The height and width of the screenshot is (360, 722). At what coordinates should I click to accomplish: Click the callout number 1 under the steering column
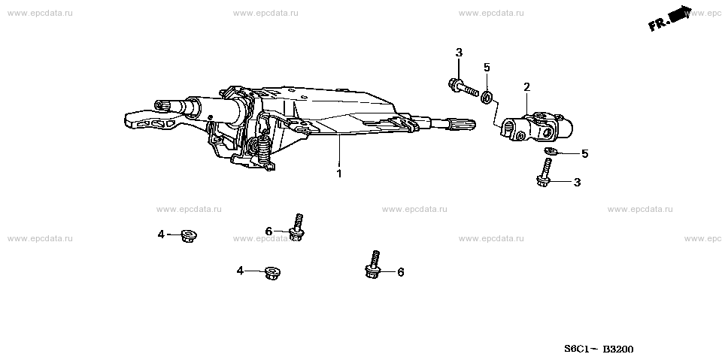[339, 174]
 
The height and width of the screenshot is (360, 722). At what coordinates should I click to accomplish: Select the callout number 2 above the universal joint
[526, 86]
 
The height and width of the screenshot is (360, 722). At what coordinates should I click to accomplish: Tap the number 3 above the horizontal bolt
[459, 53]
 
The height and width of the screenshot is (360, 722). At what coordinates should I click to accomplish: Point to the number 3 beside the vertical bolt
[577, 183]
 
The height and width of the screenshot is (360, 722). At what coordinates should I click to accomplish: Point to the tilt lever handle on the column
[149, 120]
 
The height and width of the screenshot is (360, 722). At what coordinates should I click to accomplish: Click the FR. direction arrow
[670, 19]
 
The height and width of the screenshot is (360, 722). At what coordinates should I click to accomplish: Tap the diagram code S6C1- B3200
[599, 349]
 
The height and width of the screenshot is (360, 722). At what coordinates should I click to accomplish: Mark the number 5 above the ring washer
[487, 68]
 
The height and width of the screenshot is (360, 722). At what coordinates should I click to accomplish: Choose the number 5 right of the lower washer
[585, 154]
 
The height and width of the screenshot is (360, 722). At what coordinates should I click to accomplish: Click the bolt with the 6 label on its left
[296, 228]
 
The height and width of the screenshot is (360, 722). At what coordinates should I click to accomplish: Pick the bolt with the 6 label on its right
[373, 265]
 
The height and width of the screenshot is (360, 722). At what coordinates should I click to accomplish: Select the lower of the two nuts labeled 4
[272, 274]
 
